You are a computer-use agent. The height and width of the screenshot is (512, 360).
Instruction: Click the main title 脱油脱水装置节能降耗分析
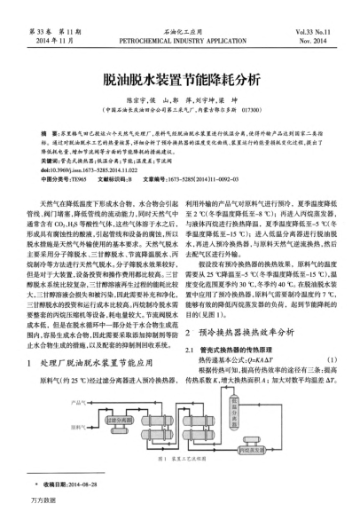180,78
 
